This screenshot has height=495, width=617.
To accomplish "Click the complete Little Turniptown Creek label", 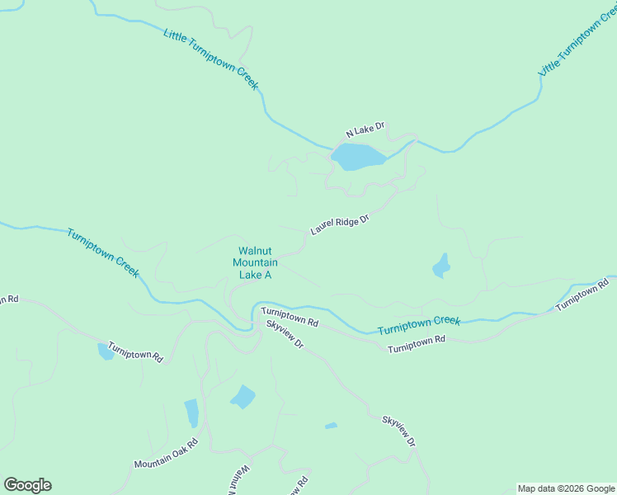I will (210, 59).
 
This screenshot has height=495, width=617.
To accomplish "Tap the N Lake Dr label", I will (365, 130).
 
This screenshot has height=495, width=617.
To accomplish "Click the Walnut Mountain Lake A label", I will (255, 263).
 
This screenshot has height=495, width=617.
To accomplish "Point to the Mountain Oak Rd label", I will (167, 453).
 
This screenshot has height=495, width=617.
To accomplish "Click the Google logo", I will (27, 485).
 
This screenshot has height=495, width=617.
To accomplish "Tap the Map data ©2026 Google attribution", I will (567, 488).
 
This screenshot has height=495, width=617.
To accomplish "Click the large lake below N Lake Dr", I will (358, 156).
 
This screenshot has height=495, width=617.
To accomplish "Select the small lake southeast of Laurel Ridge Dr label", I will (441, 266).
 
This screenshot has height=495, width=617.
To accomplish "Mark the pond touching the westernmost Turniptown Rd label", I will (106, 351).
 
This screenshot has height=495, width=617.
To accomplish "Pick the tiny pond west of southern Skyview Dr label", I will (331, 426).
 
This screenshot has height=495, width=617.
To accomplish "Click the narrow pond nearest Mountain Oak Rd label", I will (191, 412).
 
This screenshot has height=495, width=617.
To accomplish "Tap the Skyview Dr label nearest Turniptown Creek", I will (285, 332).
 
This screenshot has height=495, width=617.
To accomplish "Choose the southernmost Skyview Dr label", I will (398, 431).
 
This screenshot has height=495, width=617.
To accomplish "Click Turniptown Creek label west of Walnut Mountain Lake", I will (103, 253).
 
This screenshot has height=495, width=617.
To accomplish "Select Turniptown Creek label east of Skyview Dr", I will (418, 325).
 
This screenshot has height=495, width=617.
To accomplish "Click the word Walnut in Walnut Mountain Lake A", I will (255, 251).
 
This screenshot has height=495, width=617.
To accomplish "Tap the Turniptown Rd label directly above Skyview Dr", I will (290, 316).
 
